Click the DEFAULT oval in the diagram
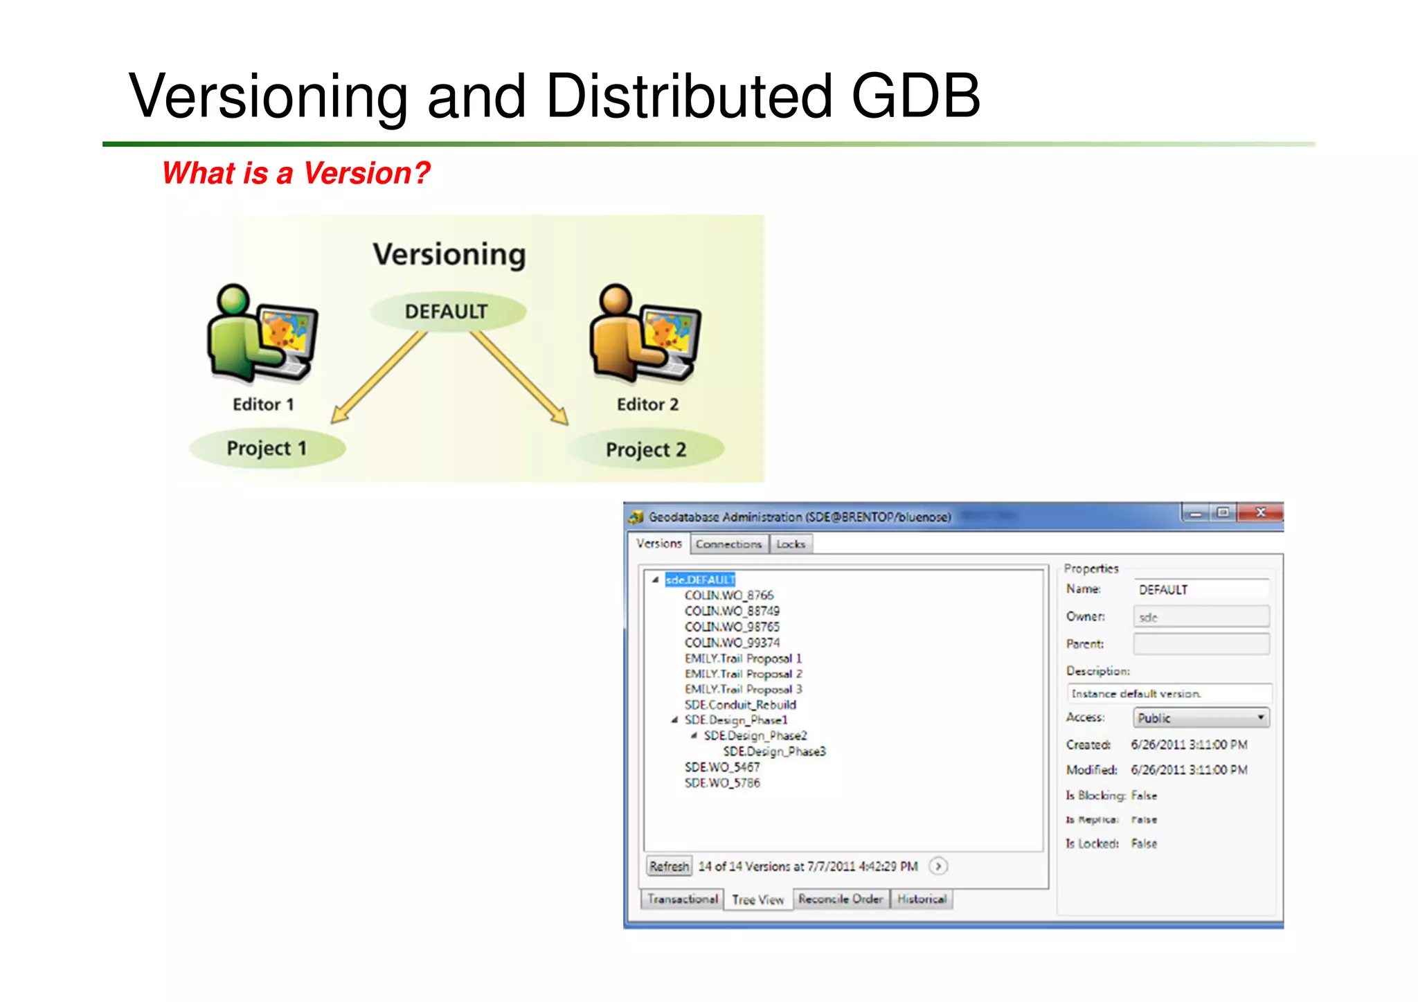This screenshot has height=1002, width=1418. pyautogui.click(x=447, y=312)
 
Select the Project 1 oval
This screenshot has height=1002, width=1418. pyautogui.click(x=267, y=448)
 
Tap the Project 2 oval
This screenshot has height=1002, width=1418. pyautogui.click(x=645, y=449)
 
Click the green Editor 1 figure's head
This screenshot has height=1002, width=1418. pyautogui.click(x=233, y=299)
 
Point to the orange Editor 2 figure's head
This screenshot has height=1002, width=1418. pyautogui.click(x=616, y=298)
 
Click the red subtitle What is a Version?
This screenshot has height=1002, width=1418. pyautogui.click(x=296, y=173)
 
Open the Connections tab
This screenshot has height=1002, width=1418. pyautogui.click(x=728, y=544)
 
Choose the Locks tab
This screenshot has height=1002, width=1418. pyautogui.click(x=790, y=544)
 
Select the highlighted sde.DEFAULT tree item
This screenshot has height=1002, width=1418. pyautogui.click(x=699, y=580)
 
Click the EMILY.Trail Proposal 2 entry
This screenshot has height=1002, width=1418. pyautogui.click(x=743, y=674)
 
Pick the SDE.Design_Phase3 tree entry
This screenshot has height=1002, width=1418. pyautogui.click(x=774, y=751)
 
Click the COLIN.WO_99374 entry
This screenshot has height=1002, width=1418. pyautogui.click(x=732, y=643)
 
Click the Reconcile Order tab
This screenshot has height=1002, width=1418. pyautogui.click(x=840, y=899)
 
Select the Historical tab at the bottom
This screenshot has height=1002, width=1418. pyautogui.click(x=922, y=899)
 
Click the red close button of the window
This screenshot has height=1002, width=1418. pyautogui.click(x=1260, y=512)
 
